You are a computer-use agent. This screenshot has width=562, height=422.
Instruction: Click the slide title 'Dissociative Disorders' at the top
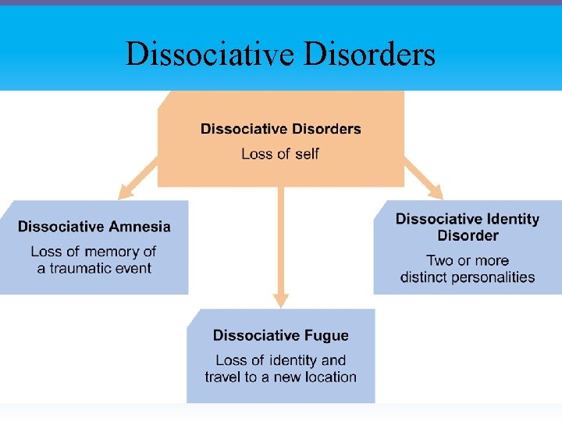point(280,54)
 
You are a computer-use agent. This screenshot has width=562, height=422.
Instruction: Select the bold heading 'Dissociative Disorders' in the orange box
point(280,129)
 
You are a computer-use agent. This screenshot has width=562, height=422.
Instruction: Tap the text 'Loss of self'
point(280,154)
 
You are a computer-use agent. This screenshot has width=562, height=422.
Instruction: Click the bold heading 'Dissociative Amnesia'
point(94,227)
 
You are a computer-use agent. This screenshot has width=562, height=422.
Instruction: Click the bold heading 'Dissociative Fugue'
point(280,335)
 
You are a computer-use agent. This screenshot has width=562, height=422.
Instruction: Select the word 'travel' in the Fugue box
point(226,377)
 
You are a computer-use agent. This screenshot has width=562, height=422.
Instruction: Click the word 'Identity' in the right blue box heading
point(511,219)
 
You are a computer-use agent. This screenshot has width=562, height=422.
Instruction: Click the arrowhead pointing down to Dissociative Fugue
point(281,300)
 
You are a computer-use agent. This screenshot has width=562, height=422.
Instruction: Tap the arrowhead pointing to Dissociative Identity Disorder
point(436,192)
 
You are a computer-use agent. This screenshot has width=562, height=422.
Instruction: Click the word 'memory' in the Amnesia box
point(113,252)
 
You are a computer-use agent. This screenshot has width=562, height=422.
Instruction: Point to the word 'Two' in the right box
point(440,260)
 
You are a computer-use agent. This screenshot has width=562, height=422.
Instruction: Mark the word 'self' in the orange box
point(305,154)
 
